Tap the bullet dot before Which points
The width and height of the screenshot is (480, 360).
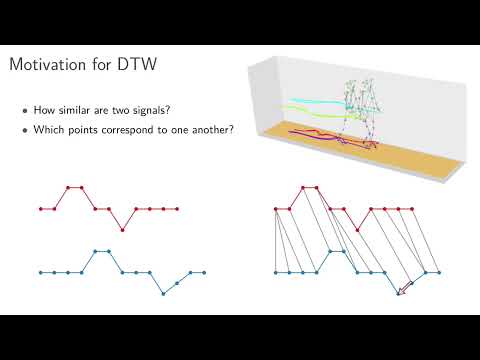pyautogui.click(x=25, y=130)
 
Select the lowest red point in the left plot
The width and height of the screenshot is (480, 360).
pyautogui.click(x=123, y=230)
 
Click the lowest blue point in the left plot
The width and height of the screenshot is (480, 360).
pyautogui.click(x=164, y=293)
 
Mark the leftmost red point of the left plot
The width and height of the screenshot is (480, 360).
pyautogui.click(x=41, y=209)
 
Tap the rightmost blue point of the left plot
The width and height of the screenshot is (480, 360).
pyautogui.click(x=204, y=272)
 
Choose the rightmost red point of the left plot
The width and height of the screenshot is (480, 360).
pyautogui.click(x=177, y=209)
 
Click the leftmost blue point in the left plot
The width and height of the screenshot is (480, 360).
pyautogui.click(x=41, y=272)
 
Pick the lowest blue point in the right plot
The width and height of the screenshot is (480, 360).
pyautogui.click(x=400, y=293)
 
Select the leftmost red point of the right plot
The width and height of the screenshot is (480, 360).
pyautogui.click(x=277, y=209)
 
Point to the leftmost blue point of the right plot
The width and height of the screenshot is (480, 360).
pyautogui.click(x=277, y=272)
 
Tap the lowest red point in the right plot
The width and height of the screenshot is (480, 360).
pyautogui.click(x=359, y=230)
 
